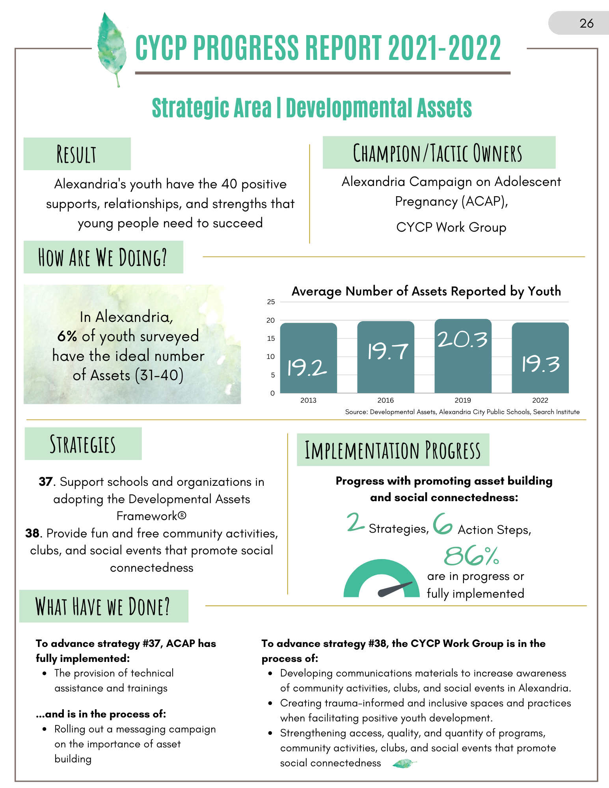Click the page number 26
(x=587, y=24)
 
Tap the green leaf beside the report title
(x=112, y=48)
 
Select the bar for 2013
(x=308, y=358)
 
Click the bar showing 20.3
(x=463, y=356)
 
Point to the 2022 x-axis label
(x=540, y=400)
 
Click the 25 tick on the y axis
(x=271, y=302)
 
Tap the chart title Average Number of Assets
(x=426, y=291)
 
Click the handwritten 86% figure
(x=471, y=556)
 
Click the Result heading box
(x=77, y=154)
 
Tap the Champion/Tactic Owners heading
(x=439, y=153)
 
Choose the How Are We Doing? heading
(x=103, y=257)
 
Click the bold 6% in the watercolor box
(x=67, y=336)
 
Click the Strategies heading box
(x=83, y=444)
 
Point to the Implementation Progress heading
(x=393, y=450)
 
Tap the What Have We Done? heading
(x=104, y=606)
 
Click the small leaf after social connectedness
(x=404, y=764)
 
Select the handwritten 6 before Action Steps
(x=442, y=524)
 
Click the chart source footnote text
(x=462, y=412)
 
